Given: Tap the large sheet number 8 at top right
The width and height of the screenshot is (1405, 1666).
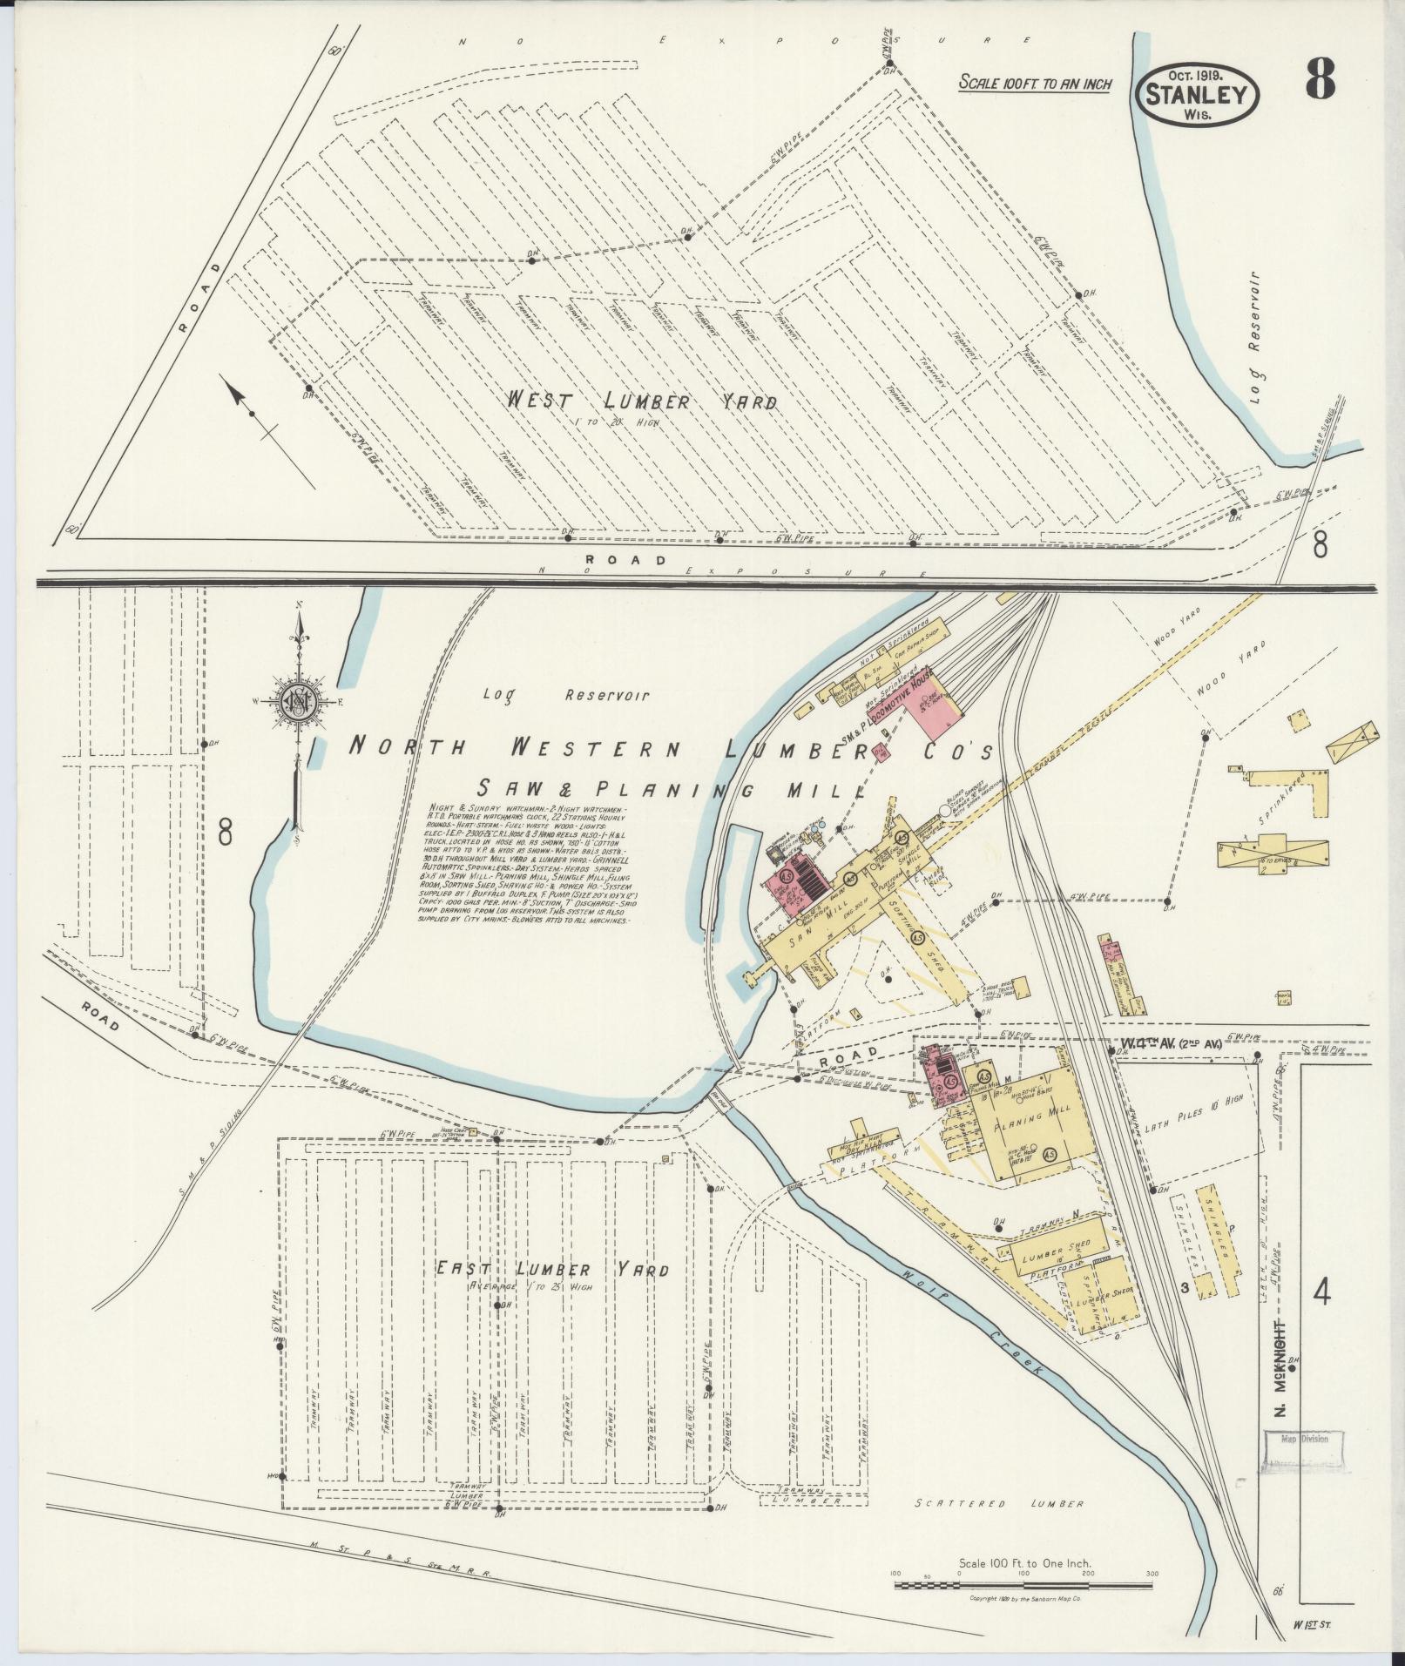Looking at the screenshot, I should point(1320,83).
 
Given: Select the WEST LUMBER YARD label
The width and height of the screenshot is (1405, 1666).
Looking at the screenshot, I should point(643,401).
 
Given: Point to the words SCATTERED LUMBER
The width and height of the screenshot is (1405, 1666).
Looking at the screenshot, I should point(999,1503).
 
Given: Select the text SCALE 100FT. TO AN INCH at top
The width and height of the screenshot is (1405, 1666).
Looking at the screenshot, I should point(1035,84).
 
